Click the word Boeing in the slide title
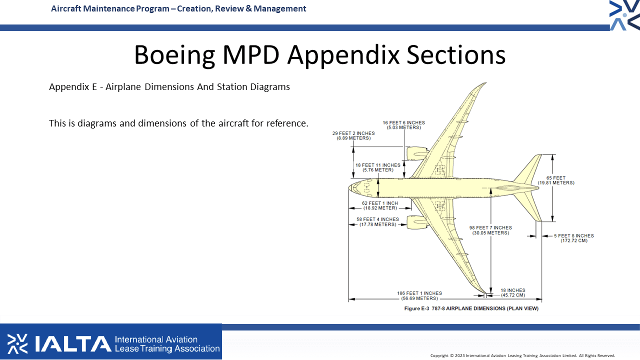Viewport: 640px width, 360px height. tap(174, 55)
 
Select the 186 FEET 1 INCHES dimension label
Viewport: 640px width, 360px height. tap(419, 295)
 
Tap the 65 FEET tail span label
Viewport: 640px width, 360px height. tap(556, 180)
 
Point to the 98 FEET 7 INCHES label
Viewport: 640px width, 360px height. tap(490, 230)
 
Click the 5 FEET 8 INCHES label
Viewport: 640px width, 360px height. tap(573, 238)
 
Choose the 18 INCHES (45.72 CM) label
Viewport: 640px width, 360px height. tap(513, 292)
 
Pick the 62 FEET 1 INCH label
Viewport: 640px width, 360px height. tap(380, 205)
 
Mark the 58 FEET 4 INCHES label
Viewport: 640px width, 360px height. tap(377, 221)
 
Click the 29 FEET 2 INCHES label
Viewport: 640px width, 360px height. tap(353, 135)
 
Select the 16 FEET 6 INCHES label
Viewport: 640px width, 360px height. tap(403, 125)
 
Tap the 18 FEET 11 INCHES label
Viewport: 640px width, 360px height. tap(378, 167)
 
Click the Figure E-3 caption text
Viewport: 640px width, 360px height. tap(471, 308)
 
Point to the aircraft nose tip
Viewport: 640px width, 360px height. tap(348, 188)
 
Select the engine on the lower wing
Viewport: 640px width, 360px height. tap(417, 222)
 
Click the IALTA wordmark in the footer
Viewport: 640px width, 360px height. tap(73, 343)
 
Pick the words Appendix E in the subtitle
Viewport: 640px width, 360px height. tap(73, 87)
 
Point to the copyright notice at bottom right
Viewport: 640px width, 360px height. tap(522, 355)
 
